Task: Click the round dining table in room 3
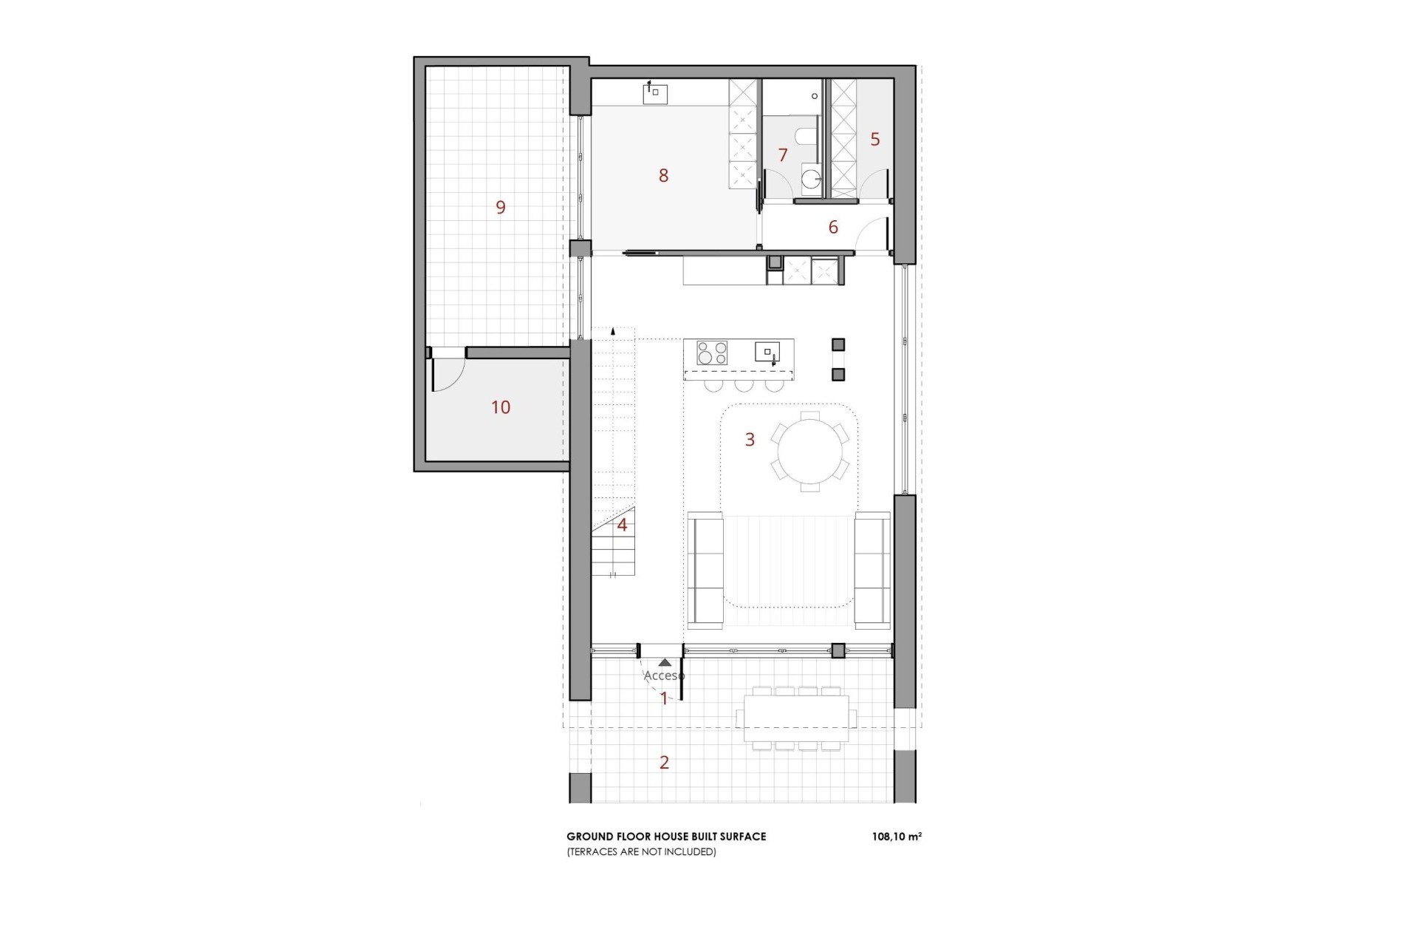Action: coord(809,451)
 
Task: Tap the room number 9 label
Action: coord(501,207)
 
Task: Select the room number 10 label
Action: coord(501,407)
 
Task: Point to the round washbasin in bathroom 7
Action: coord(811,178)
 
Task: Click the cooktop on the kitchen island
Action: coord(712,353)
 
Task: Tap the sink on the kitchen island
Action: coord(767,352)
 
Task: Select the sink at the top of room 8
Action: coord(655,94)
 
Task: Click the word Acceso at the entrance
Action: coord(663,676)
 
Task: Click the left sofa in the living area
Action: coord(705,571)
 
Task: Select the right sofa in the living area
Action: coord(872,571)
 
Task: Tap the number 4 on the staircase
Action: coord(622,525)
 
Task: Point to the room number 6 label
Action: coord(833,227)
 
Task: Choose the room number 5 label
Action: coord(875,139)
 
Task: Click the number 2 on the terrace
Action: coord(664,762)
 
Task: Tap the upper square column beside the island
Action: coord(838,345)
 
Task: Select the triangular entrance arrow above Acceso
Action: coord(665,663)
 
